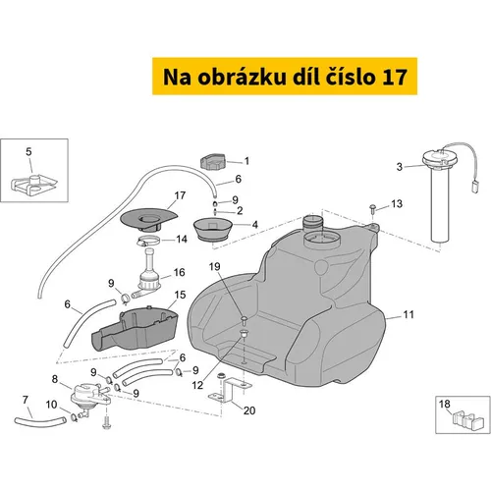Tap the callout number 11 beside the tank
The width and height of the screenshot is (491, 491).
(x=409, y=314)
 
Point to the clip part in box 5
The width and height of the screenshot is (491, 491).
(x=34, y=185)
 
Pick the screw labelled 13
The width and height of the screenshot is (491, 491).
(x=373, y=208)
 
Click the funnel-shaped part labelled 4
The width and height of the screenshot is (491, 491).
(x=213, y=230)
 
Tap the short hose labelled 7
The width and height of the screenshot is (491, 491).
(x=39, y=421)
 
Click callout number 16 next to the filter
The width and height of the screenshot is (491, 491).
(x=179, y=272)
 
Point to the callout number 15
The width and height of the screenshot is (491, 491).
(x=180, y=295)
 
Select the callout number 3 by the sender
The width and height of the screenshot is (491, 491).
(x=400, y=167)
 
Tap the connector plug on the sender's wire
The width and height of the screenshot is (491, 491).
(x=474, y=189)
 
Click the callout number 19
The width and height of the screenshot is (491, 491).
(x=215, y=267)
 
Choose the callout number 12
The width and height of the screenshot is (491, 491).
(x=197, y=385)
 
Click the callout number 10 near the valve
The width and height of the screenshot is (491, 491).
(x=51, y=405)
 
